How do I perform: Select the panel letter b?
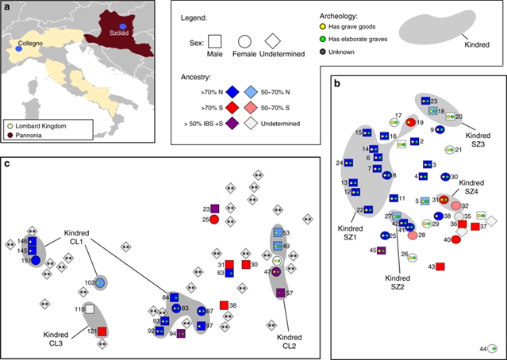(x=339, y=83)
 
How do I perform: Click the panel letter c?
(x=7, y=164)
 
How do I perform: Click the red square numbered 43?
(x=440, y=266)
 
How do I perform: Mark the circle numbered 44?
(x=492, y=349)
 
